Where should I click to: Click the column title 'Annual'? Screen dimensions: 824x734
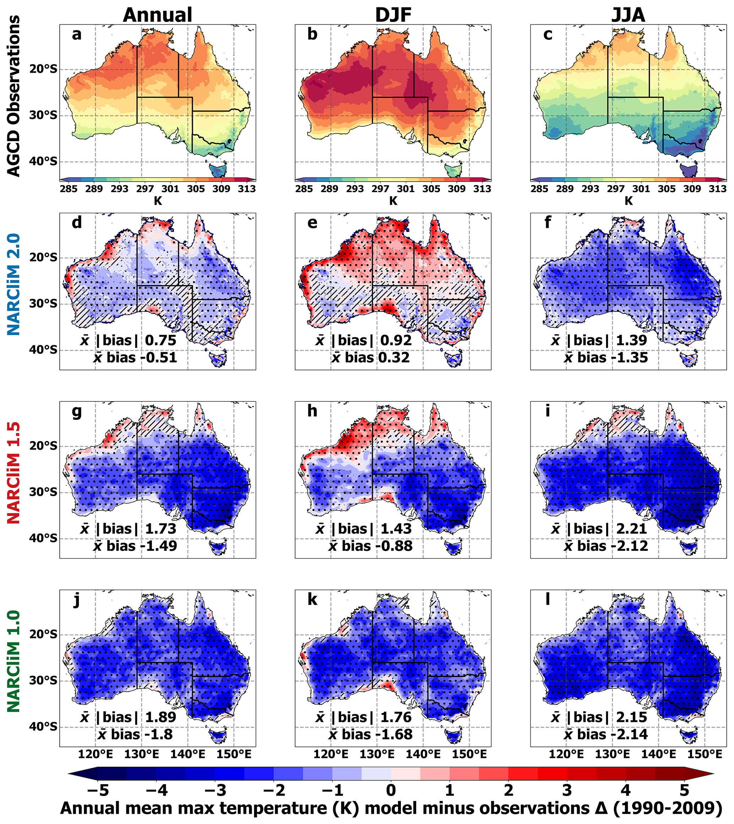coord(157,15)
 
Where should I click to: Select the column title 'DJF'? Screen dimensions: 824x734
coord(393,15)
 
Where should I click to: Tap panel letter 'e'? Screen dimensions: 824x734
coord(312,222)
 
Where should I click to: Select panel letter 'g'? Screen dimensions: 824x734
coord(77,411)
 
